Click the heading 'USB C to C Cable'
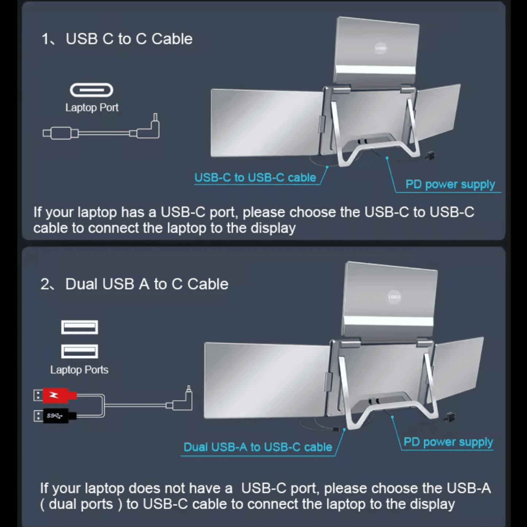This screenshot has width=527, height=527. [x=129, y=39]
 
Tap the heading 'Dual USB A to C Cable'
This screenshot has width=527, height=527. [x=146, y=284]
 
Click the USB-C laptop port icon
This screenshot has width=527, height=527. [x=92, y=90]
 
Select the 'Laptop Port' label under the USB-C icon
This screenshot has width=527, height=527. [x=92, y=108]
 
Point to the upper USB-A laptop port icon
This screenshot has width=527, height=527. [x=80, y=327]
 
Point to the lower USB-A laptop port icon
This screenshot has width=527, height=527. [x=80, y=351]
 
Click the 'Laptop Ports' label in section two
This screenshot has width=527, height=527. [x=79, y=370]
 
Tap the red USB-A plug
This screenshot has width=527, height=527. [x=58, y=395]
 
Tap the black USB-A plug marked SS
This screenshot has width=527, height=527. [x=58, y=416]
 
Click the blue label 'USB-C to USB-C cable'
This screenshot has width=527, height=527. [x=255, y=178]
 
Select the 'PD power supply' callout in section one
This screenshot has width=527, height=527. [x=450, y=185]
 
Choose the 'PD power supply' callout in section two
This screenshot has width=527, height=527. [x=448, y=442]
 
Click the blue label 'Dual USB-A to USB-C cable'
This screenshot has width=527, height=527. [x=257, y=447]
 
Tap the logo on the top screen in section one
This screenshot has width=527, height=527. [x=380, y=48]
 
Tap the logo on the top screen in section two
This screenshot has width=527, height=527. [x=394, y=297]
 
